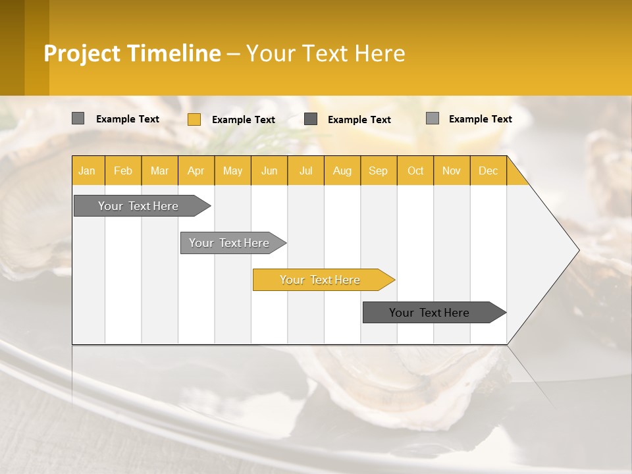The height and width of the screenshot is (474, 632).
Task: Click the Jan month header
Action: click(88, 171)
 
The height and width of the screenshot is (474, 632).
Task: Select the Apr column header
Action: click(196, 171)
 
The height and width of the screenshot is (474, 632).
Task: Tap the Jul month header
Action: click(305, 171)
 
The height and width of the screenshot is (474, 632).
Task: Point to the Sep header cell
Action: click(378, 171)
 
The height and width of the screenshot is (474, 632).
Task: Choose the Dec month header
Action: click(488, 171)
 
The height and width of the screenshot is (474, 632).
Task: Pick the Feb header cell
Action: click(123, 171)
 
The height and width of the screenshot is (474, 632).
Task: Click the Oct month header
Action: click(415, 171)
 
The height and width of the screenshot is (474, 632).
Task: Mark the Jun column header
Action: click(269, 171)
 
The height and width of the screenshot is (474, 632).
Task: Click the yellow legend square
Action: click(194, 119)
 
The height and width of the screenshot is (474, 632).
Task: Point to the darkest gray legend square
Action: click(311, 119)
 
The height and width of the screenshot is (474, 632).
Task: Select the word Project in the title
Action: click(82, 53)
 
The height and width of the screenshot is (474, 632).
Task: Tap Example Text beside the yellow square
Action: click(244, 120)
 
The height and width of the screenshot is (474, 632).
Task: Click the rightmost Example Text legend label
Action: click(480, 119)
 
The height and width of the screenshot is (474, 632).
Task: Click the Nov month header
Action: click(451, 171)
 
